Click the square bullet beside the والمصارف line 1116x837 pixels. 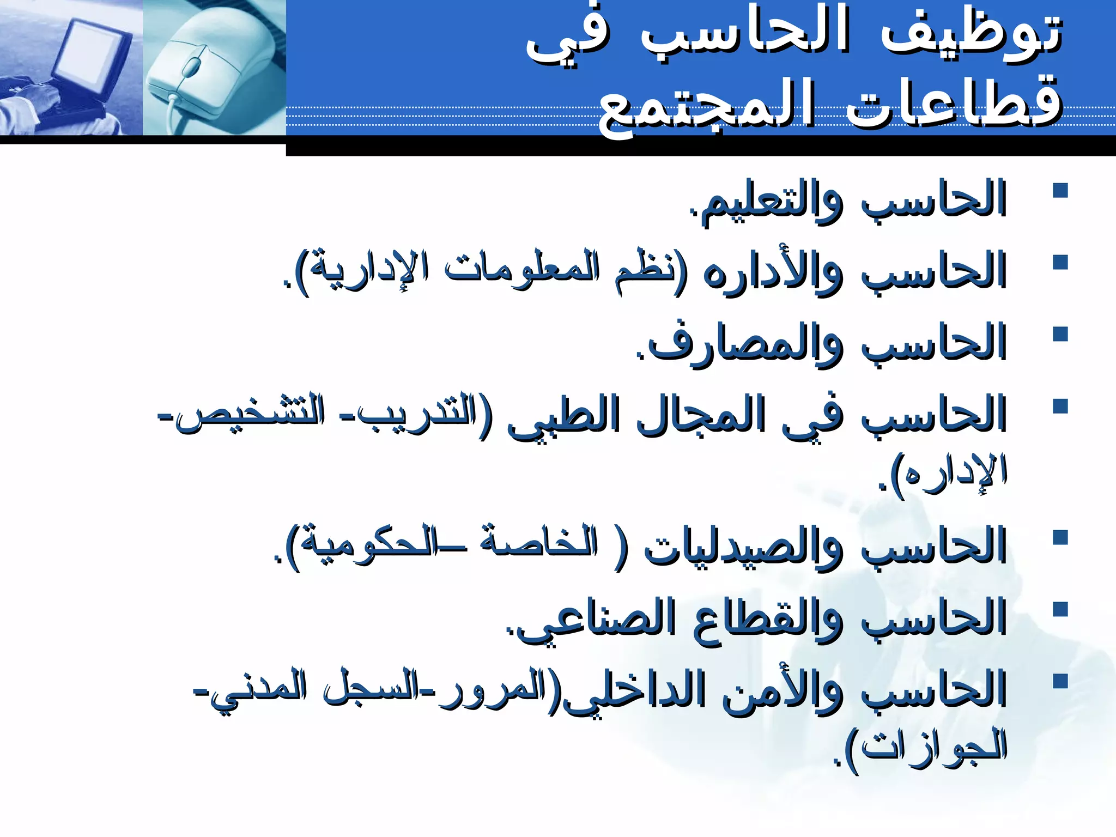pyautogui.click(x=1060, y=334)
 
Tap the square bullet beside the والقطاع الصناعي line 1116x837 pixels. pyautogui.click(x=1060, y=609)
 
